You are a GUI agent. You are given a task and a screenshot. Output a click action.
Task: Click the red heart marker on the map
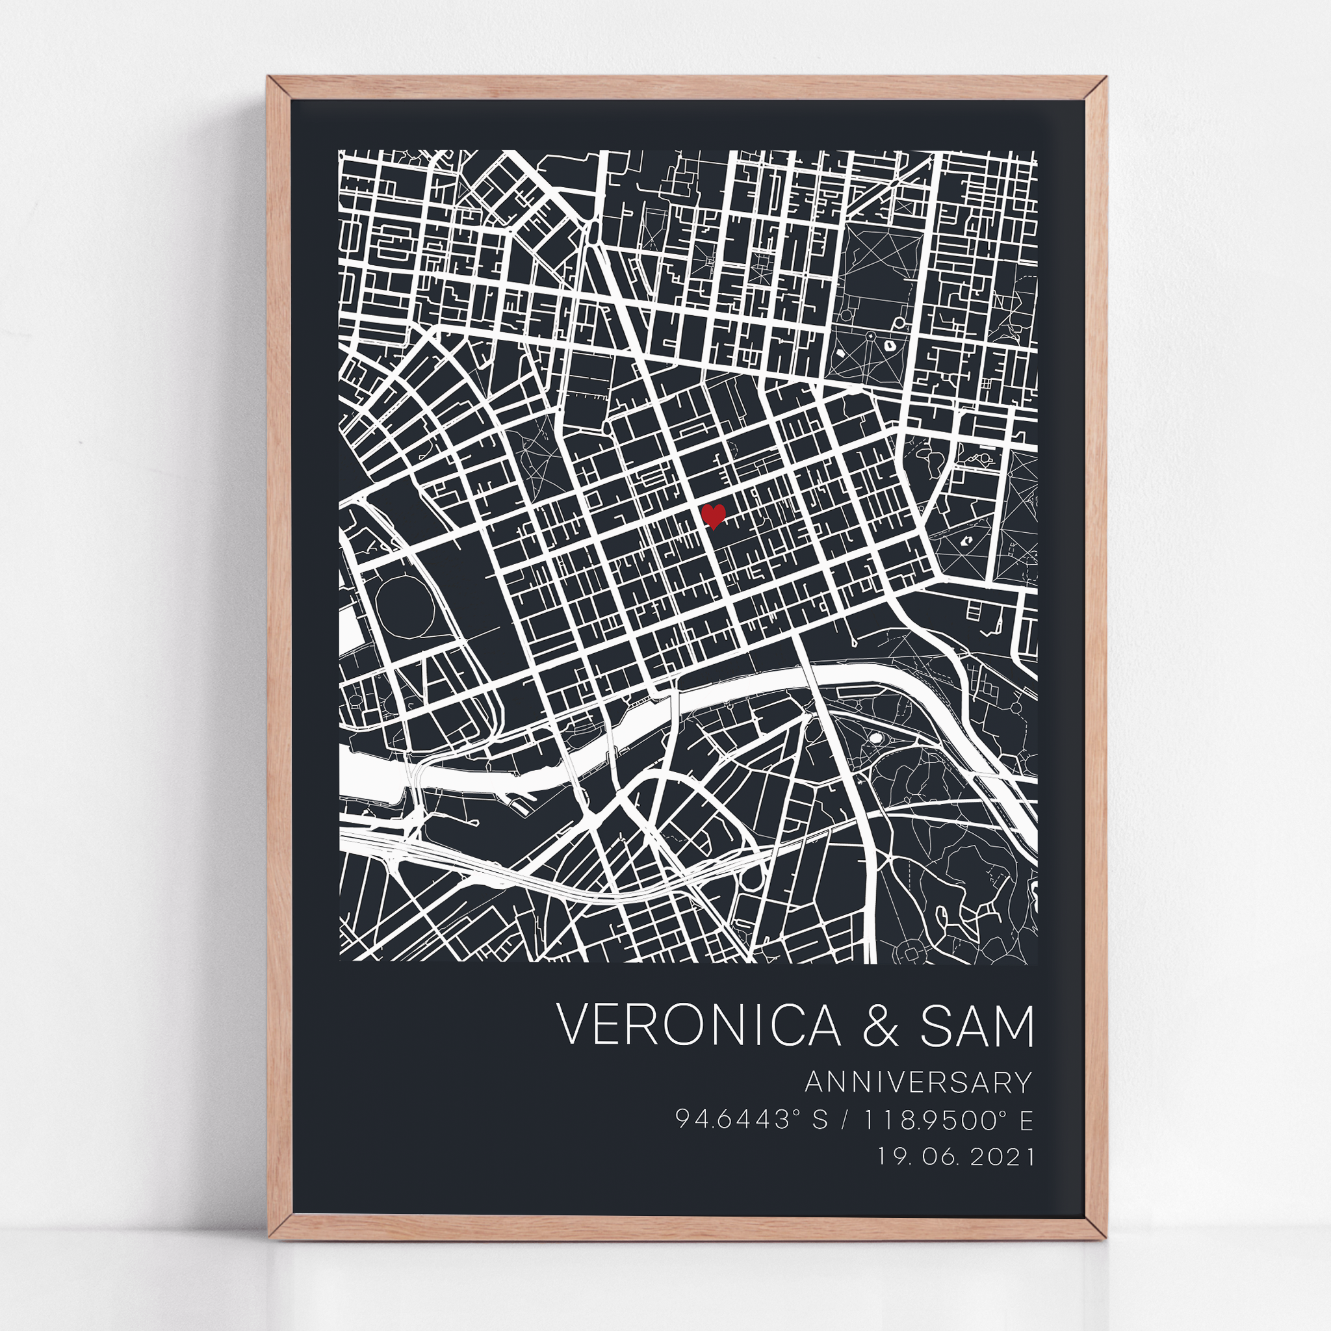714,515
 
